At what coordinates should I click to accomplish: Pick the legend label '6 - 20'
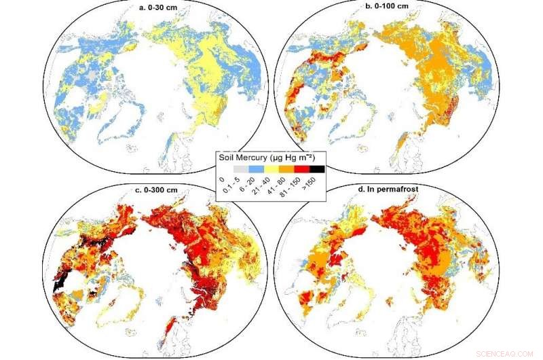[x=246, y=184]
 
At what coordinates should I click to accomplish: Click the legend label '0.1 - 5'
[x=231, y=185]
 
